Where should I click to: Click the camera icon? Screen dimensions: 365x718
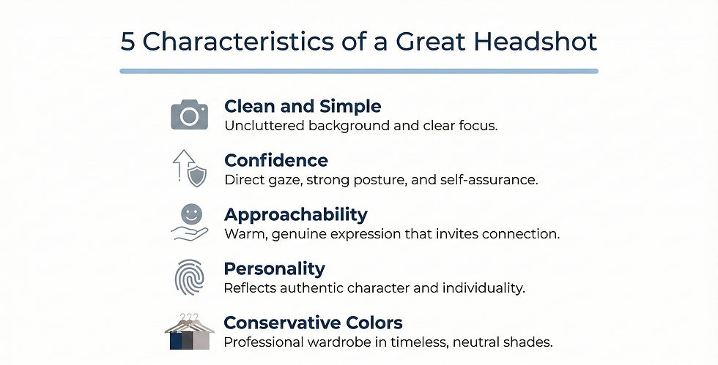click(189, 115)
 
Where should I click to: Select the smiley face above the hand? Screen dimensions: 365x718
click(190, 214)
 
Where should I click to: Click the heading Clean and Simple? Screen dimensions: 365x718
click(303, 106)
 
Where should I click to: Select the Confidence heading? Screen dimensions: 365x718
click(276, 160)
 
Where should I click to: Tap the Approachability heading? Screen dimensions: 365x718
click(296, 214)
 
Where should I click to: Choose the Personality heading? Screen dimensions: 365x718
click(275, 268)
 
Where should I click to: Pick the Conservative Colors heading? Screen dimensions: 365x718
click(314, 323)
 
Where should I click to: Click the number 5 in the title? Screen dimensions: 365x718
click(128, 42)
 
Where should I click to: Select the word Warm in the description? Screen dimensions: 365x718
click(241, 234)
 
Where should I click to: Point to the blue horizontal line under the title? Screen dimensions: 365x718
click(359, 71)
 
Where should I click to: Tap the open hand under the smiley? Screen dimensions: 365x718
click(188, 233)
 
